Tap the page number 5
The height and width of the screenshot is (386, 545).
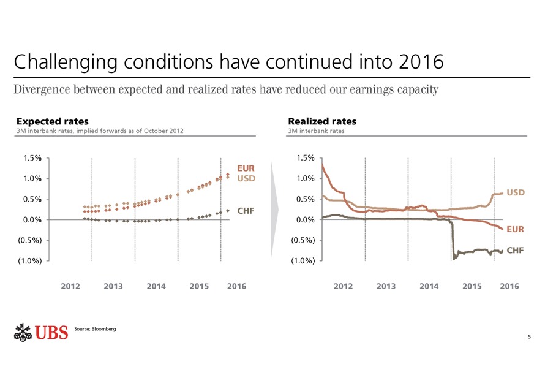pyautogui.click(x=528, y=337)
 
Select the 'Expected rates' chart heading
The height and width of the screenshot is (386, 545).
pyautogui.click(x=52, y=121)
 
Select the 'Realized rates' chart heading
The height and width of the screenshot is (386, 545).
pyautogui.click(x=321, y=121)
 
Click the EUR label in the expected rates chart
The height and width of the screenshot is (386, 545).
pyautogui.click(x=246, y=167)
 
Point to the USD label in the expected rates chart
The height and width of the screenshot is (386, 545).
pyautogui.click(x=246, y=178)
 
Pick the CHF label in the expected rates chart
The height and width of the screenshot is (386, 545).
pyautogui.click(x=246, y=211)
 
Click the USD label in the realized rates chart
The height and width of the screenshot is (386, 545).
pyautogui.click(x=516, y=192)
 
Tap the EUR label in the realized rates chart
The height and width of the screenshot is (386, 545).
pyautogui.click(x=515, y=229)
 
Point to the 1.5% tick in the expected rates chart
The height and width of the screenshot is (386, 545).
pyautogui.click(x=32, y=158)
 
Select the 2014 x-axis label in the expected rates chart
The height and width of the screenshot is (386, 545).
pyautogui.click(x=156, y=286)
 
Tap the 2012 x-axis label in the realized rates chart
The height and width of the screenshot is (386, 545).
pyautogui.click(x=343, y=286)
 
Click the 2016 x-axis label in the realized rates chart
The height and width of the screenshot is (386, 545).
pyautogui.click(x=509, y=286)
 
